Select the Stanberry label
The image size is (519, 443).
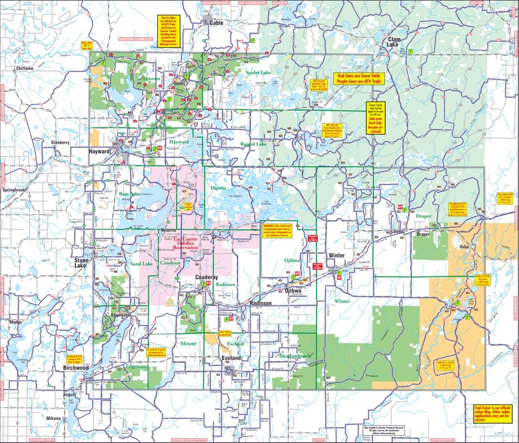coord(58,143)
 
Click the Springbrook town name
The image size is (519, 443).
coord(15,190)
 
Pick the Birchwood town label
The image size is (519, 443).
coord(75,368)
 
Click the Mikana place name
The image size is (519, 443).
coord(53,418)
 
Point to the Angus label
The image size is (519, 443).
coord(69,394)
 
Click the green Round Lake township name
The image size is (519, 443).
coord(253,144)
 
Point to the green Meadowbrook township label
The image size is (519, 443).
coord(294,356)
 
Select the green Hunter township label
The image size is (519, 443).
coord(219,189)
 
